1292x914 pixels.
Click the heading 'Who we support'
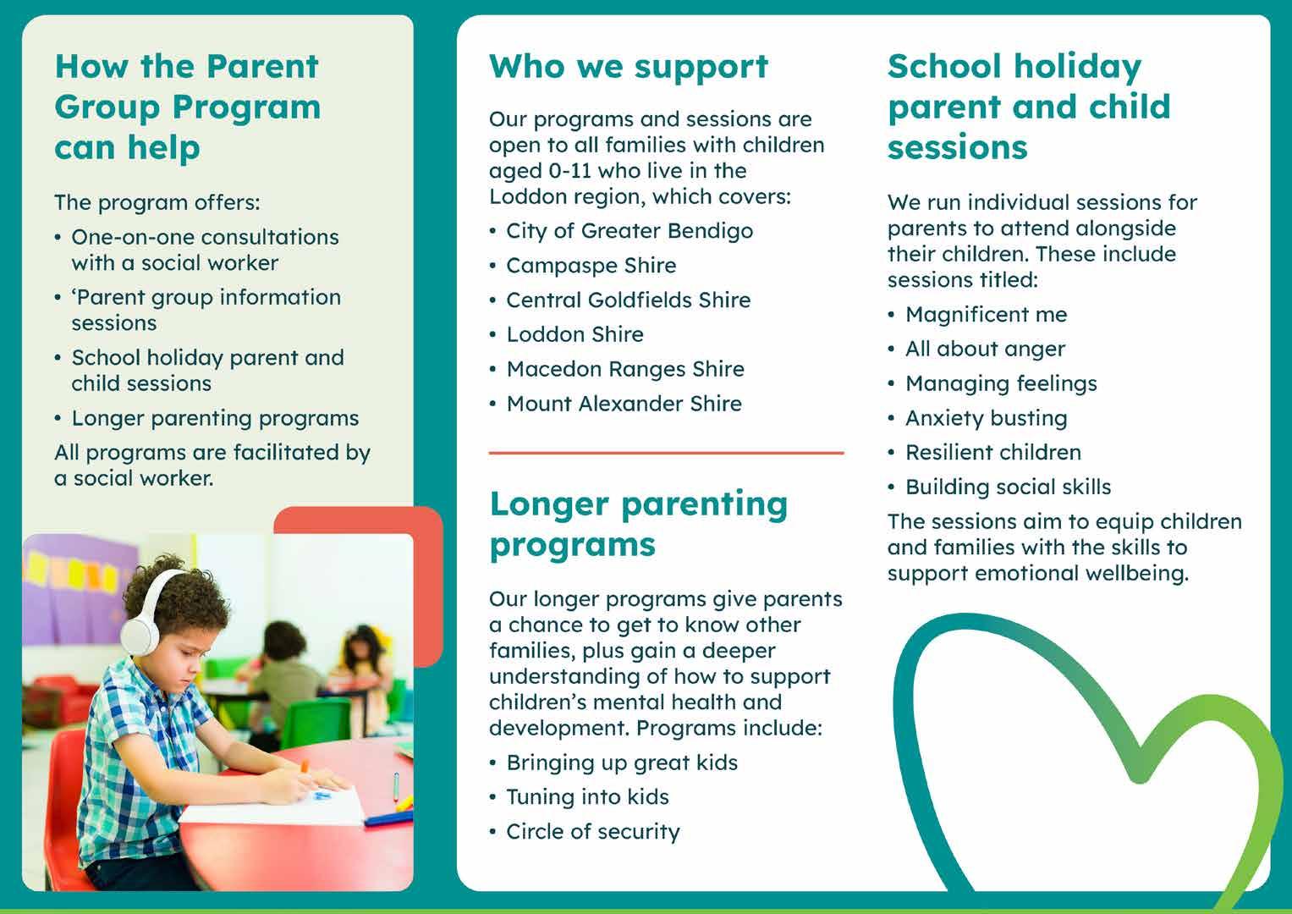pyautogui.click(x=629, y=67)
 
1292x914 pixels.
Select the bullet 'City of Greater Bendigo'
pyautogui.click(x=629, y=231)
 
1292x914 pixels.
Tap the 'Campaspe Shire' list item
pyautogui.click(x=591, y=266)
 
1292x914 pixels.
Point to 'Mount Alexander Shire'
pyautogui.click(x=624, y=404)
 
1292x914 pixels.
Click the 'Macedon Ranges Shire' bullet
pyautogui.click(x=624, y=369)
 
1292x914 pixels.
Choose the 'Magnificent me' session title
pyautogui.click(x=986, y=315)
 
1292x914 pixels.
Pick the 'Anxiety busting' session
pyautogui.click(x=986, y=418)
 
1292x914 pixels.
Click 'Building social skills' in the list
pyautogui.click(x=1008, y=487)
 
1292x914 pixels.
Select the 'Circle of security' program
pyautogui.click(x=592, y=832)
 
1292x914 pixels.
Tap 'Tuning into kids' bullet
pyautogui.click(x=587, y=797)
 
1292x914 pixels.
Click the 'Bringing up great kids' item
pyautogui.click(x=622, y=763)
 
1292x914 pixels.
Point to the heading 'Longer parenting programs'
pyautogui.click(x=638, y=524)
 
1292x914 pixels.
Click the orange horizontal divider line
pyautogui.click(x=666, y=454)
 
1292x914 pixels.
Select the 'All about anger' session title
pyautogui.click(x=985, y=350)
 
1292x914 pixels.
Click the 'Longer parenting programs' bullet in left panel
pyautogui.click(x=215, y=419)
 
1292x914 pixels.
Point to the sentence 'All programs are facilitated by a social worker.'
pyautogui.click(x=212, y=465)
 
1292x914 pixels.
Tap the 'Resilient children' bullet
pyautogui.click(x=992, y=453)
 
